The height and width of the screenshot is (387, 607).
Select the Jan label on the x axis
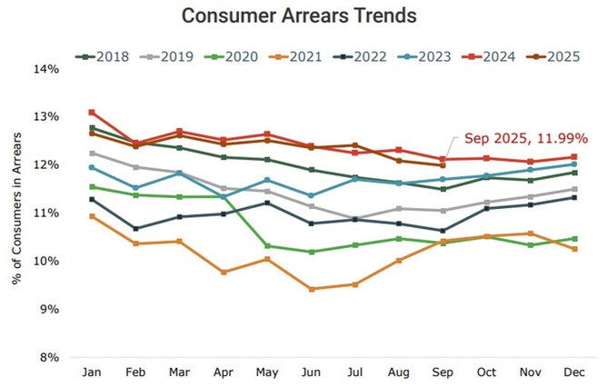point(93,372)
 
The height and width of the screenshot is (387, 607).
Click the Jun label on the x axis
point(312,372)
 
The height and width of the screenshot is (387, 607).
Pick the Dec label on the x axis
point(573,372)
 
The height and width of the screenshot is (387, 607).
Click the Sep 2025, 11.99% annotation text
point(526,139)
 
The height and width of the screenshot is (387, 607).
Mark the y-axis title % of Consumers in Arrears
point(17,213)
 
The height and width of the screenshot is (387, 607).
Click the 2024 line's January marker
point(93,112)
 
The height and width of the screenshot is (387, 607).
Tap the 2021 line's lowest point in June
point(312,289)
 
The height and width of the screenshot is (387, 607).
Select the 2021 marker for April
point(224,272)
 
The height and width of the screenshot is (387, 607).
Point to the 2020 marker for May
point(267,245)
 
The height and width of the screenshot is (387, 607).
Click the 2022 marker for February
point(136,228)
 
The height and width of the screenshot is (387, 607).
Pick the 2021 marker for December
point(573,249)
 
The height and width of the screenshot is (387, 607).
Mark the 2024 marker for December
point(573,157)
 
